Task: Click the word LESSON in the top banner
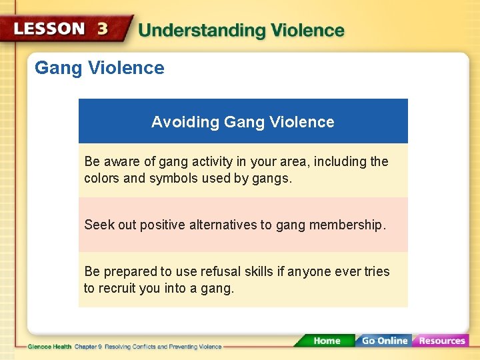(x=49, y=29)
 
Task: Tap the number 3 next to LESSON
(x=103, y=29)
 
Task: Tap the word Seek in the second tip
(x=99, y=225)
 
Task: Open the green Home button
(x=327, y=341)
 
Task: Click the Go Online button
(x=384, y=341)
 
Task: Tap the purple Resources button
(x=441, y=341)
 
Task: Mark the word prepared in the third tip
(x=129, y=272)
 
